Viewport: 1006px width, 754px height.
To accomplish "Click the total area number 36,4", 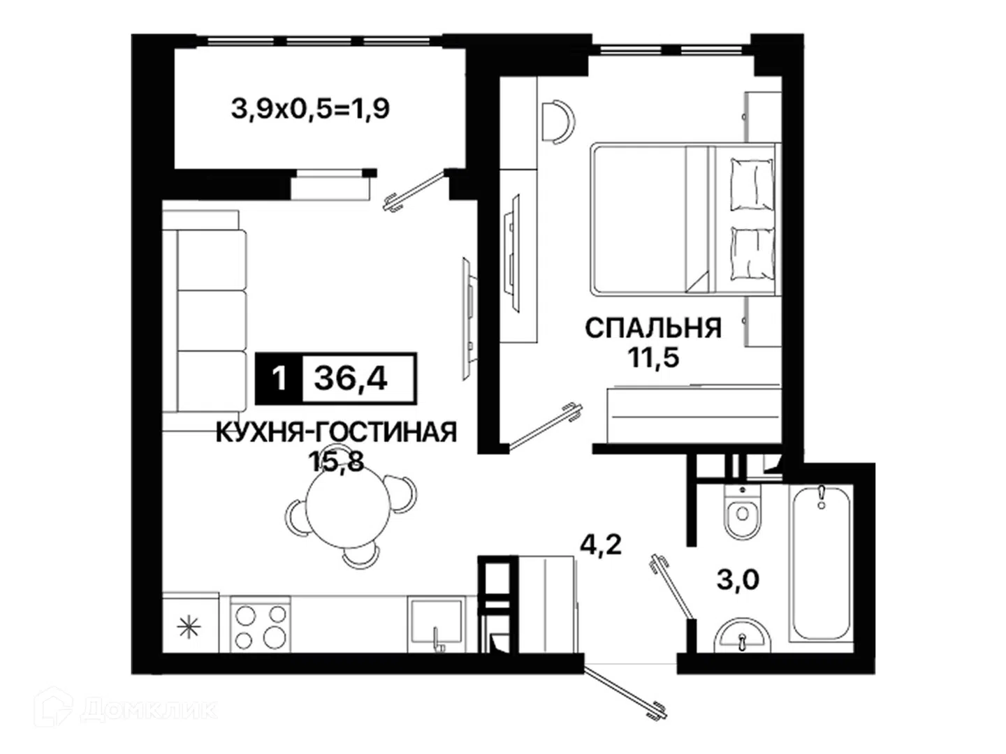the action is [351, 378].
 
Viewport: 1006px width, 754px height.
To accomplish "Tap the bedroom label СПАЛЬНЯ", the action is [653, 328].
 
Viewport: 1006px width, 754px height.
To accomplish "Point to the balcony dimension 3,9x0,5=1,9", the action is [310, 110].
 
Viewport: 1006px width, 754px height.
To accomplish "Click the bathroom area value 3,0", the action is [738, 579].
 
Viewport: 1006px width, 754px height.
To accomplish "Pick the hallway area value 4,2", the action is [601, 545].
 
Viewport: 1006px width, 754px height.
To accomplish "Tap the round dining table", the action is [348, 511].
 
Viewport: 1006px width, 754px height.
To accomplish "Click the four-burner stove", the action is [260, 624].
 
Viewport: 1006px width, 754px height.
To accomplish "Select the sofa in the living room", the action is [205, 320].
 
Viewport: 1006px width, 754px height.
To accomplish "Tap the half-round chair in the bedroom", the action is [558, 122].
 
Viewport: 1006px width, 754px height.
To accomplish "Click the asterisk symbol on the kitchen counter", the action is [189, 627].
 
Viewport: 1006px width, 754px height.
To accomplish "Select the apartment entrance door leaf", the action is [625, 693].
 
